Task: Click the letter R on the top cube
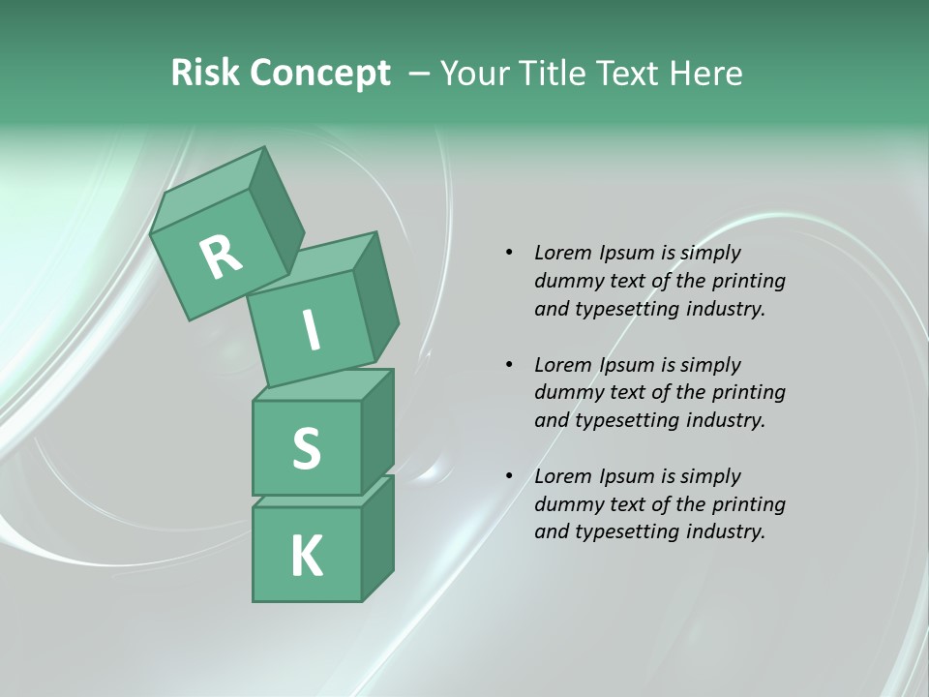pos(221,257)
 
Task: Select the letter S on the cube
pos(306,448)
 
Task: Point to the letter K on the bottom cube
pos(307,556)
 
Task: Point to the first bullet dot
pos(509,253)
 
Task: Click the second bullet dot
pos(509,365)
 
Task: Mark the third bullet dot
pos(509,476)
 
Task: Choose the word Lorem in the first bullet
pos(561,253)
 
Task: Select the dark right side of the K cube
pos(377,542)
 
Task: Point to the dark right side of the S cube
pos(377,433)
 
